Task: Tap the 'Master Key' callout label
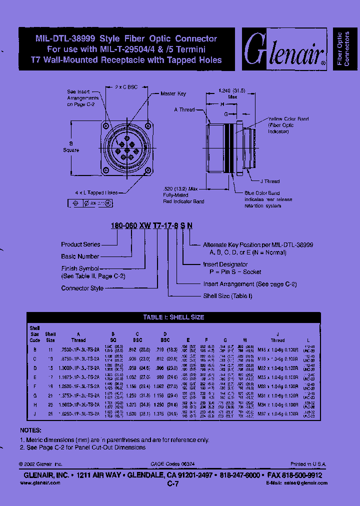point(173,93)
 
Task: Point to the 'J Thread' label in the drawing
point(269,181)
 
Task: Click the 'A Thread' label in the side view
point(184,109)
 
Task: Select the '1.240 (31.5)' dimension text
point(229,90)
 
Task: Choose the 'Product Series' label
point(80,244)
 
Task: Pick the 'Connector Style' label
point(82,288)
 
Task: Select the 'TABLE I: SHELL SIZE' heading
point(173,317)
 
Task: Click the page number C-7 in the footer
point(173,484)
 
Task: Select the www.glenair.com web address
point(40,483)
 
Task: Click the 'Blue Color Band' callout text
point(262,193)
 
